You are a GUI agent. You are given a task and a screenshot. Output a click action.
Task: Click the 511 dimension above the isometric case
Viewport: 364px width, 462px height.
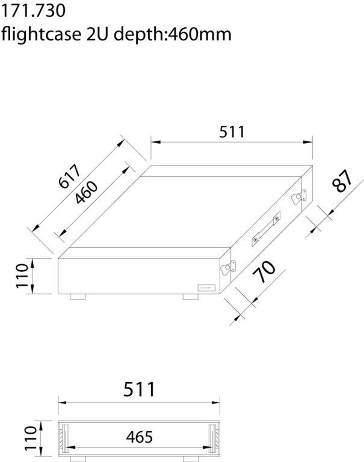[x=232, y=131]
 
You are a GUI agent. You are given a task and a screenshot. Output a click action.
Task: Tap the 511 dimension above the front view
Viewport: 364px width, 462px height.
[x=139, y=389]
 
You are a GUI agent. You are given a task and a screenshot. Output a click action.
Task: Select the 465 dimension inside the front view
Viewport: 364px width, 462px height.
[x=139, y=437]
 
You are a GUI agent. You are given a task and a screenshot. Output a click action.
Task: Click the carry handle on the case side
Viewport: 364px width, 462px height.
[x=265, y=229]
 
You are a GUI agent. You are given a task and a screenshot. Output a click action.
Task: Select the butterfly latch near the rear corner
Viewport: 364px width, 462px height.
[x=298, y=197]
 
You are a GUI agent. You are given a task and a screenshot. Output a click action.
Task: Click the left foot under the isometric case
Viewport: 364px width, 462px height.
[x=78, y=297]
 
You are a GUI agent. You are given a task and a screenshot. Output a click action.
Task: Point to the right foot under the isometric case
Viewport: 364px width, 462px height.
[x=190, y=297]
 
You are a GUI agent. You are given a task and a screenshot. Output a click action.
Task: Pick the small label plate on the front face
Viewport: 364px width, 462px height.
[x=205, y=288]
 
